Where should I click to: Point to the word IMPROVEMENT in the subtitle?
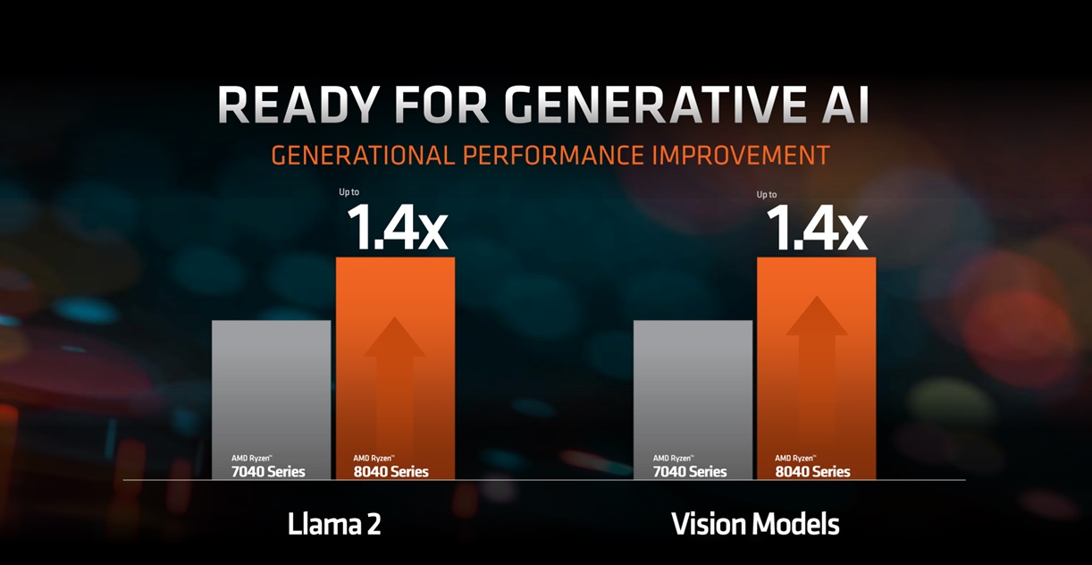[x=739, y=156]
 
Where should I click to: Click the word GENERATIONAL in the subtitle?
[x=363, y=156]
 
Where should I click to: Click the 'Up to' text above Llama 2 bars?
[x=349, y=191]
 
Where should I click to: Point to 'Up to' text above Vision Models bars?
[x=767, y=194]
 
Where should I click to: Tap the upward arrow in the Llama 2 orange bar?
[x=395, y=375]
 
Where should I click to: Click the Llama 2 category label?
[x=334, y=524]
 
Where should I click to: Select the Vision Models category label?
[x=755, y=524]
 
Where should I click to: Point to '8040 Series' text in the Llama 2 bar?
[x=391, y=471]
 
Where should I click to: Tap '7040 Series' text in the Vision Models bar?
[x=690, y=471]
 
